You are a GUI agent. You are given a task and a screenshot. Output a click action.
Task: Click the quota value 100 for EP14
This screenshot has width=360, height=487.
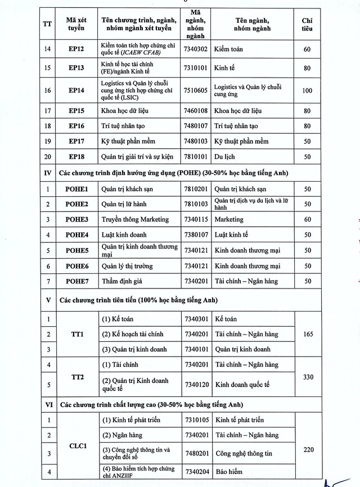click(x=307, y=91)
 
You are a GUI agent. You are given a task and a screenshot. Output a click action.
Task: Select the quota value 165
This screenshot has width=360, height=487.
click(x=307, y=334)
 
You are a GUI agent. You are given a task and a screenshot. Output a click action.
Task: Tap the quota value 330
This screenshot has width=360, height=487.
click(x=307, y=377)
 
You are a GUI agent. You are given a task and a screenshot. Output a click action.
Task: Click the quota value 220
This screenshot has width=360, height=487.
click(x=307, y=449)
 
